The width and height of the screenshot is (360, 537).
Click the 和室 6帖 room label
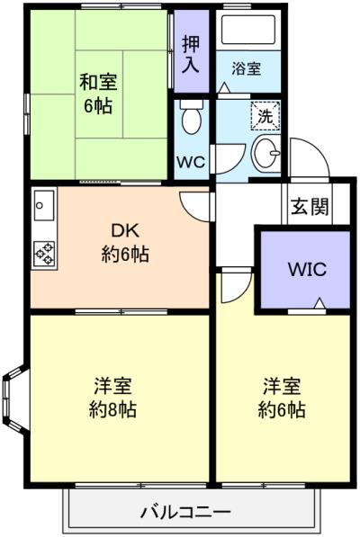[x=98, y=94]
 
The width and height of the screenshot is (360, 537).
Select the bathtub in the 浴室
[x=248, y=30]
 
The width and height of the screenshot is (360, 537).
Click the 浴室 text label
[x=247, y=69]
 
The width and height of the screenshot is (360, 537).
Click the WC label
[x=191, y=162]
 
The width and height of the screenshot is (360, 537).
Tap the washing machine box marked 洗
[x=265, y=116]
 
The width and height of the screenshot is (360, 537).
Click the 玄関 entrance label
[x=310, y=206]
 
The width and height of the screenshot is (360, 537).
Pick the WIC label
[x=307, y=269]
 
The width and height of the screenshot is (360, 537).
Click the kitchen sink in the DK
[x=43, y=205]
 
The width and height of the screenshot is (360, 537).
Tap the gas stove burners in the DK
[x=44, y=255]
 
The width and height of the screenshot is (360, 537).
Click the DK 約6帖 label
[x=125, y=243]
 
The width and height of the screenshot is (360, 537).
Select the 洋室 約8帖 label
[x=112, y=398]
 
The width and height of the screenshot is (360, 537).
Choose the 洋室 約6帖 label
[x=282, y=398]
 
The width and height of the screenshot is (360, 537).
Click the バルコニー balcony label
[x=186, y=513]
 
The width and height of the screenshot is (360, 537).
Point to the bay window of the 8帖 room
[x=13, y=400]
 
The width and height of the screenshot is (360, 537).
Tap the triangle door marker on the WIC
[x=319, y=303]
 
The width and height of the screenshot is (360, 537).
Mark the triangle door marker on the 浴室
[x=224, y=87]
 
